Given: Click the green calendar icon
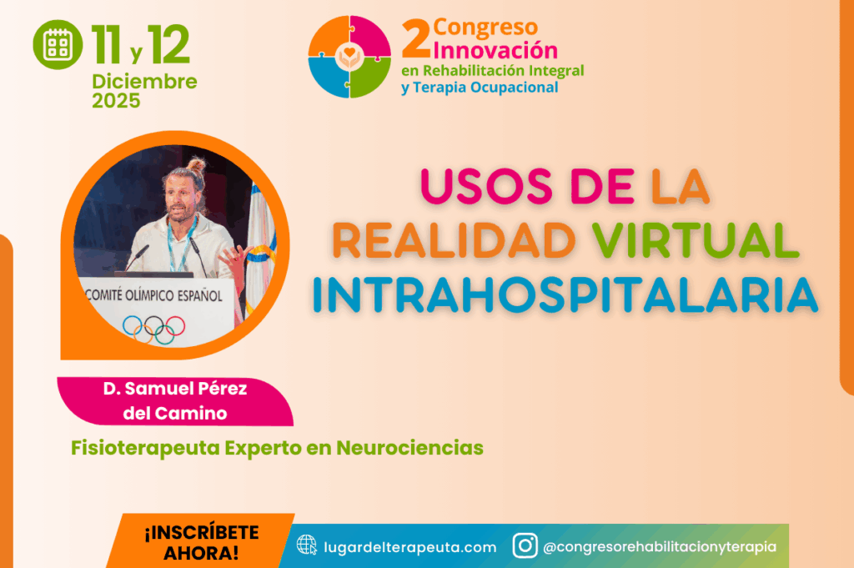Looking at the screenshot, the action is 58,45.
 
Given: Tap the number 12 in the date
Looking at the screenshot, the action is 168,45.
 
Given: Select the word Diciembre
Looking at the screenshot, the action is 144,82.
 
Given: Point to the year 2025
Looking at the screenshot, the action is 116,101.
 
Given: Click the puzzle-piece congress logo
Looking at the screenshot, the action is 349,57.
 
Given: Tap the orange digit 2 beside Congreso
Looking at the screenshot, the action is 416,38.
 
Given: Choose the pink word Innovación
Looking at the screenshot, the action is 495,50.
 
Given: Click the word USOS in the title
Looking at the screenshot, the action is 486,186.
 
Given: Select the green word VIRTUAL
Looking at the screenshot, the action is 696,240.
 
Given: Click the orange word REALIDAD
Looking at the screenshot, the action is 455,240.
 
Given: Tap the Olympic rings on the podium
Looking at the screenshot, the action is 154,329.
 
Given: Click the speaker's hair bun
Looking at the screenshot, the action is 197,163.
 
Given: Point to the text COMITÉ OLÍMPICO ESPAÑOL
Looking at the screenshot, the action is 153,295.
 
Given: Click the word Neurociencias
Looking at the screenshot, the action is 409,448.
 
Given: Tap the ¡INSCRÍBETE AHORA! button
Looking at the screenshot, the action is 201,542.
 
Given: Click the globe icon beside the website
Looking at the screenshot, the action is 307,545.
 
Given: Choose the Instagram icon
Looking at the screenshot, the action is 525,545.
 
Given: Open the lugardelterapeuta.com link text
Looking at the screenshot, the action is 410,547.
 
